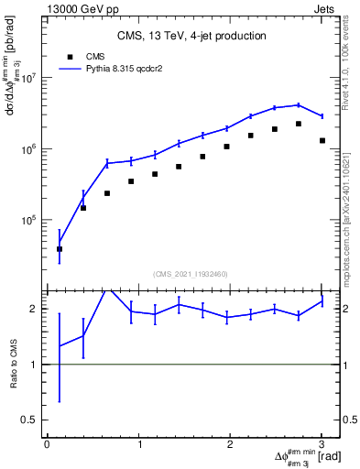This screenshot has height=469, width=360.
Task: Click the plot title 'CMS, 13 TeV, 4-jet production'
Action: click(191, 36)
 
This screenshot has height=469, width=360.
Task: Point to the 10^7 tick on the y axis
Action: click(35, 77)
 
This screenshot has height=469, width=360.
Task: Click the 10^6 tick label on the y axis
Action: click(35, 148)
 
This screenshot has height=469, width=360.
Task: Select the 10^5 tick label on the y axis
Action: click(35, 220)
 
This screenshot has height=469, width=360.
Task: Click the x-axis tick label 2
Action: click(231, 444)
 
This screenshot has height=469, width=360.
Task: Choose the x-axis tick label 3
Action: click(322, 444)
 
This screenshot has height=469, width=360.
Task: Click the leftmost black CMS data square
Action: click(60, 248)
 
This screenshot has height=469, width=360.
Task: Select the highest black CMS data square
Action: click(299, 124)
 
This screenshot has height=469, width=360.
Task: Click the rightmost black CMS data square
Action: click(322, 140)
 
